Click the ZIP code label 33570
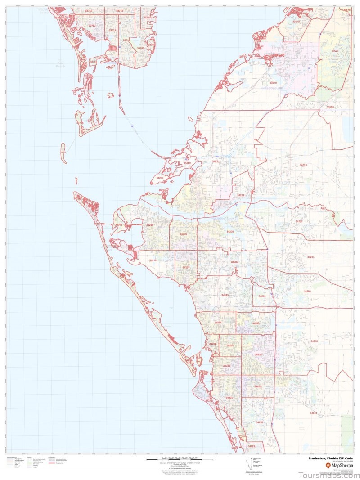click(273, 83)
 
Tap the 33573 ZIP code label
click(335, 51)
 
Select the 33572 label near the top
click(296, 22)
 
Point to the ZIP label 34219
click(303, 165)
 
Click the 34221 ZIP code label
click(216, 161)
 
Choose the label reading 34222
click(241, 195)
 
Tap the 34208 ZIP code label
click(230, 231)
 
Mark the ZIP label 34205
click(183, 234)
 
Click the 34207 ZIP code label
click(186, 268)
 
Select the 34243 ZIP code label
click(225, 295)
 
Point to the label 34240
click(314, 341)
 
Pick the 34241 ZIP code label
click(314, 413)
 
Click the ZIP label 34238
click(259, 422)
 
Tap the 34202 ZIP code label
click(307, 292)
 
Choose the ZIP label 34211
click(311, 257)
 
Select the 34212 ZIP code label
click(299, 222)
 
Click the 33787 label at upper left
click(92, 26)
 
